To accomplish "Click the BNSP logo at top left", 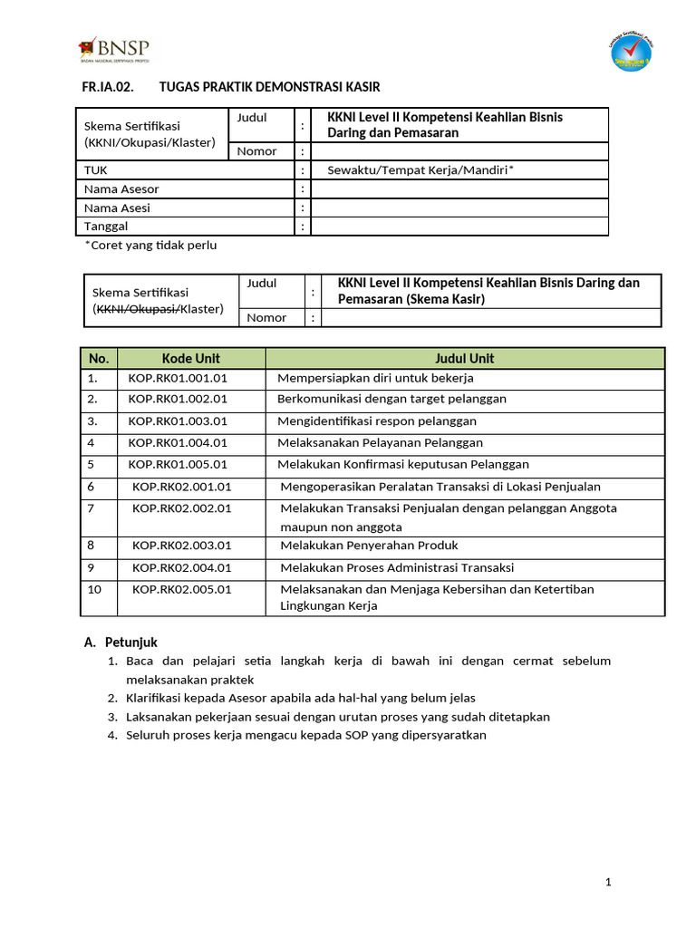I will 114,49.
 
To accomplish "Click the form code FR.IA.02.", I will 107,87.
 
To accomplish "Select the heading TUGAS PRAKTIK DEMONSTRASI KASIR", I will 269,87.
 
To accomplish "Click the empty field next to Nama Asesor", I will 459,189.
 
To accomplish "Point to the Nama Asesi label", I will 117,208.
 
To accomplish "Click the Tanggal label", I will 106,226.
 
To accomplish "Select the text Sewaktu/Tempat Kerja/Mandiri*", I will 420,170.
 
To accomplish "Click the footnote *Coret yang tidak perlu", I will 150,245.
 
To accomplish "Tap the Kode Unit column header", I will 191,358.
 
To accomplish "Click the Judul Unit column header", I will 465,358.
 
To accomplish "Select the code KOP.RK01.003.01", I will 178,420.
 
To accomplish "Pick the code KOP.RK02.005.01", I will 181,589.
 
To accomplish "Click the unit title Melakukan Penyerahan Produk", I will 369,546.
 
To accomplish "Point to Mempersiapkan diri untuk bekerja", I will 375,378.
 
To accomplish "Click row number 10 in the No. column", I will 93,589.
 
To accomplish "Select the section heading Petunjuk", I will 131,642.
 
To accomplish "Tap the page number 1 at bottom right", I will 609,883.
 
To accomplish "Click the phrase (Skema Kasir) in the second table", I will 445,299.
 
